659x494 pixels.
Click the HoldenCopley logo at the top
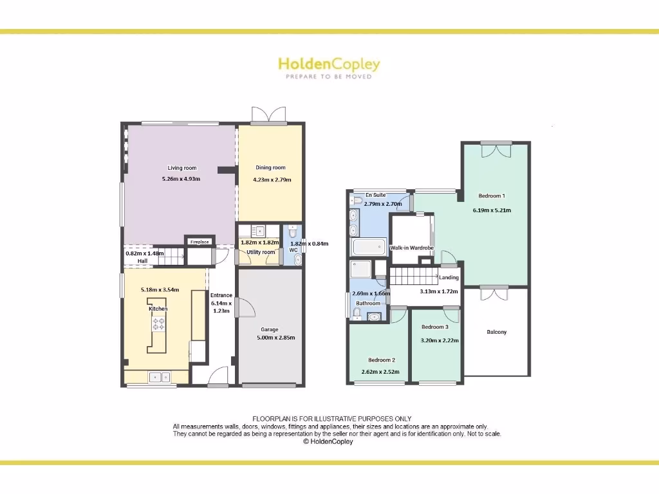[329, 64]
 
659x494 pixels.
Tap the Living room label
[182, 168]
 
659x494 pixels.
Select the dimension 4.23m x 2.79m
[272, 179]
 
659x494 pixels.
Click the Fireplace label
[200, 242]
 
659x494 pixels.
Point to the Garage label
[270, 329]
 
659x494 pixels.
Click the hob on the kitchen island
[158, 324]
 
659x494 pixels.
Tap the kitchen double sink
[158, 377]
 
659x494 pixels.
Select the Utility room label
[261, 252]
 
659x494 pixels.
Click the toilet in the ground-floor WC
[292, 230]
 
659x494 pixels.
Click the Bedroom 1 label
[492, 196]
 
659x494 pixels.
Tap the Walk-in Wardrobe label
[412, 248]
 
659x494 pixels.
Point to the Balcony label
[496, 332]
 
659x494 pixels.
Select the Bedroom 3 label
[435, 327]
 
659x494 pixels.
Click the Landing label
[449, 278]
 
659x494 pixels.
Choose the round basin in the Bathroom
[374, 316]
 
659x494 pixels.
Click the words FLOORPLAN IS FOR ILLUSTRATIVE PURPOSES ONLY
[331, 419]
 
